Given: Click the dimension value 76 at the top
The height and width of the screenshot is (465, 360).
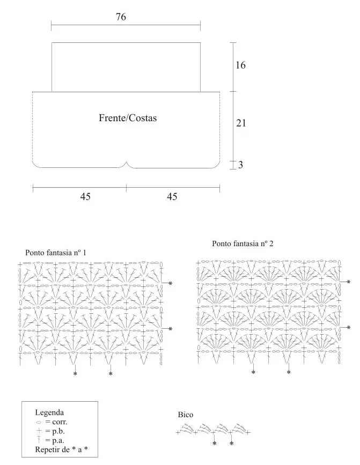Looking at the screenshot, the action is point(121,17).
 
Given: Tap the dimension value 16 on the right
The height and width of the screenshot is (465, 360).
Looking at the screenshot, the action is point(240,65).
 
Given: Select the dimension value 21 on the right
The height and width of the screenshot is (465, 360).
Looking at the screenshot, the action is point(241,123).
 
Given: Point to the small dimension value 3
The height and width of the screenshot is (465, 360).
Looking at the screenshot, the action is point(240,165).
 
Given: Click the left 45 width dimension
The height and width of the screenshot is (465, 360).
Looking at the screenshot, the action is point(85,197).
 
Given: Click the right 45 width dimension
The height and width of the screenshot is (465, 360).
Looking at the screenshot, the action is point(172,197).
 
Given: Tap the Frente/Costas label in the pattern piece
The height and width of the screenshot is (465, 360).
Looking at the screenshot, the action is point(128,118).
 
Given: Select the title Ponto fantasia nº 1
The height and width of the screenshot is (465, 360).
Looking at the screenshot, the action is point(56,253).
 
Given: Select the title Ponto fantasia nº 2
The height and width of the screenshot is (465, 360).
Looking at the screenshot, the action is point(243,244).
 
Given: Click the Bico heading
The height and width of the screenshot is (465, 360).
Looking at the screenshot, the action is point(185,415).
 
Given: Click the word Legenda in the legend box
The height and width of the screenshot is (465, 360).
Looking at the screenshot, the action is point(49,412).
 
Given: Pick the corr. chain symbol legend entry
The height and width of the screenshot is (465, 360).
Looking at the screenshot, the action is point(52,422).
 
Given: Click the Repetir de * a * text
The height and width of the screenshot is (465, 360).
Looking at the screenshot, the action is point(61,449).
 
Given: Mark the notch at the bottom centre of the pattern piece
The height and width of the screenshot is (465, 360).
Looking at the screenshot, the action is point(127,163).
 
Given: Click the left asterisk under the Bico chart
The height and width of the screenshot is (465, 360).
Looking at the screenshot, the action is point(215,444).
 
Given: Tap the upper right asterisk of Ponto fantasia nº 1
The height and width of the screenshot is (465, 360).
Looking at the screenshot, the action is point(171,283).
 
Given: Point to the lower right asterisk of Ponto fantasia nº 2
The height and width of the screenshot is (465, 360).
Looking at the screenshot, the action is point(348,327).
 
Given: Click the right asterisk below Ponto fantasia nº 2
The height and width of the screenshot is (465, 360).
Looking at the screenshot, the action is point(289,372).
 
